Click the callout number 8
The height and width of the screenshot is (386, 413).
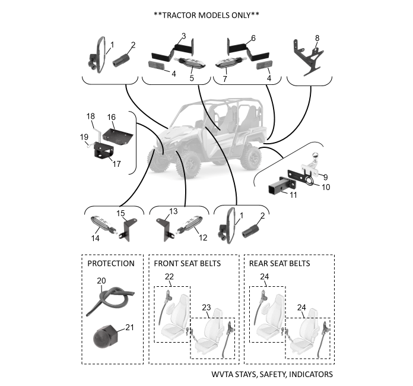point(317,37)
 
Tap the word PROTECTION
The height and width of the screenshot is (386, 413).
point(111,263)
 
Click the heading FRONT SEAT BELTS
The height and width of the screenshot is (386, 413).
point(188,263)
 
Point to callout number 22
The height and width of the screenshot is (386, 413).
point(170,277)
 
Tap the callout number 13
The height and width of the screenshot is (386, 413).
point(173,211)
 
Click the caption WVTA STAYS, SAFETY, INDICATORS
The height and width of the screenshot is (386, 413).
point(272,375)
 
